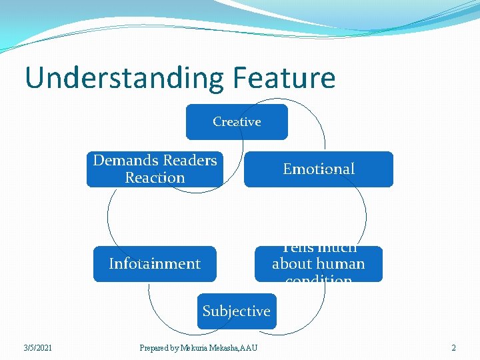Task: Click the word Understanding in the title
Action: click(x=125, y=78)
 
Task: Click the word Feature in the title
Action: click(x=284, y=78)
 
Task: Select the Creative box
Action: click(x=237, y=122)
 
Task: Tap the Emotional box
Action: click(x=319, y=169)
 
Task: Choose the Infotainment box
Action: click(x=155, y=264)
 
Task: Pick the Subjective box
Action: click(x=237, y=311)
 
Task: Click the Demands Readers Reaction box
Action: click(x=155, y=169)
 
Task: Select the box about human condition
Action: click(x=319, y=264)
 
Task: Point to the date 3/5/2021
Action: click(x=37, y=347)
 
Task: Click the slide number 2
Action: click(x=453, y=347)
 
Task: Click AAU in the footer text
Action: click(x=248, y=347)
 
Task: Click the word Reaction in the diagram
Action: click(x=155, y=178)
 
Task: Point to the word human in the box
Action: click(x=343, y=264)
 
